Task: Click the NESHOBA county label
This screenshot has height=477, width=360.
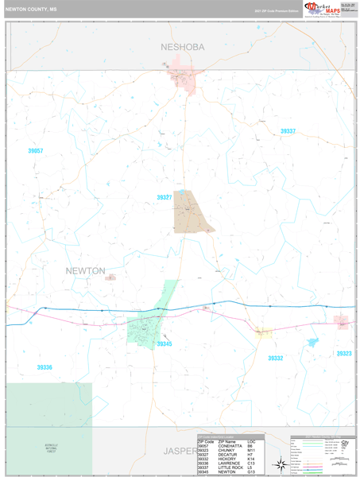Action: coord(182,47)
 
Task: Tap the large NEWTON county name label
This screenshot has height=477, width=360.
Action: coord(85,271)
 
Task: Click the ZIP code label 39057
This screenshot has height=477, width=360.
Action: coord(36,150)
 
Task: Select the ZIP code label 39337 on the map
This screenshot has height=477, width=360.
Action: coord(288,131)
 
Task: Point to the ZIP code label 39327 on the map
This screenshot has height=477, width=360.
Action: coord(165,197)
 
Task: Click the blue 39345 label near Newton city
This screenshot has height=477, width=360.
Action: coord(164,344)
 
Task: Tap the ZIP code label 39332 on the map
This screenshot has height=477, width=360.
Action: coord(275,359)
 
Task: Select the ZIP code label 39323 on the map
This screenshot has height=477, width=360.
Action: coord(343,353)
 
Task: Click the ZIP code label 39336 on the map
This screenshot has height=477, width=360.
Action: coord(45,367)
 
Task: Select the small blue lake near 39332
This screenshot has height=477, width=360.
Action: coord(311,342)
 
